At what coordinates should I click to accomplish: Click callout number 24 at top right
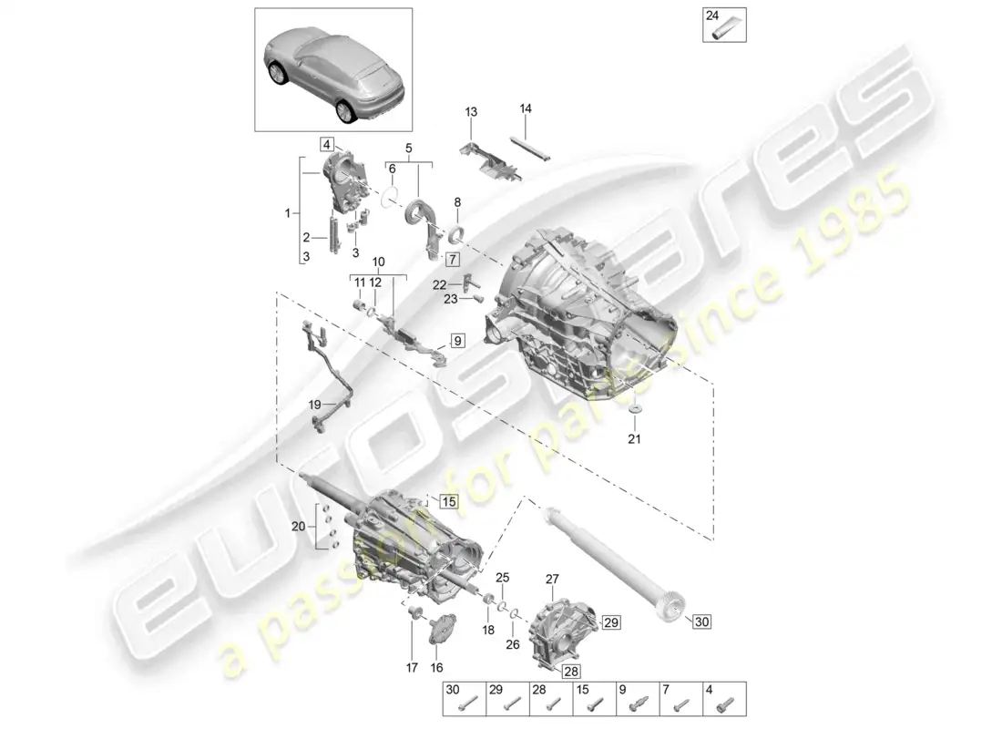pyautogui.click(x=713, y=15)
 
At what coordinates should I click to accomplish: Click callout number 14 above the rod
pyautogui.click(x=526, y=108)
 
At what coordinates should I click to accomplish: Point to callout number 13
pyautogui.click(x=471, y=111)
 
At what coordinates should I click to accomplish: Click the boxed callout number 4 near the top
pyautogui.click(x=327, y=144)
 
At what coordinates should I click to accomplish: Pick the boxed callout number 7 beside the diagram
pyautogui.click(x=453, y=260)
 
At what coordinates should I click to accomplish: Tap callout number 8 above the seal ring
pyautogui.click(x=457, y=203)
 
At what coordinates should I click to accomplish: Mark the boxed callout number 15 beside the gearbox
pyautogui.click(x=448, y=500)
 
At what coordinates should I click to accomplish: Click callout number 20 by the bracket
pyautogui.click(x=297, y=526)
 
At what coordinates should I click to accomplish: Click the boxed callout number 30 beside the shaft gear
pyautogui.click(x=700, y=622)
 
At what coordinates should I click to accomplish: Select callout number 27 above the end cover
pyautogui.click(x=551, y=579)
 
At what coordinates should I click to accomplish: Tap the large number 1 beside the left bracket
pyautogui.click(x=289, y=213)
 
